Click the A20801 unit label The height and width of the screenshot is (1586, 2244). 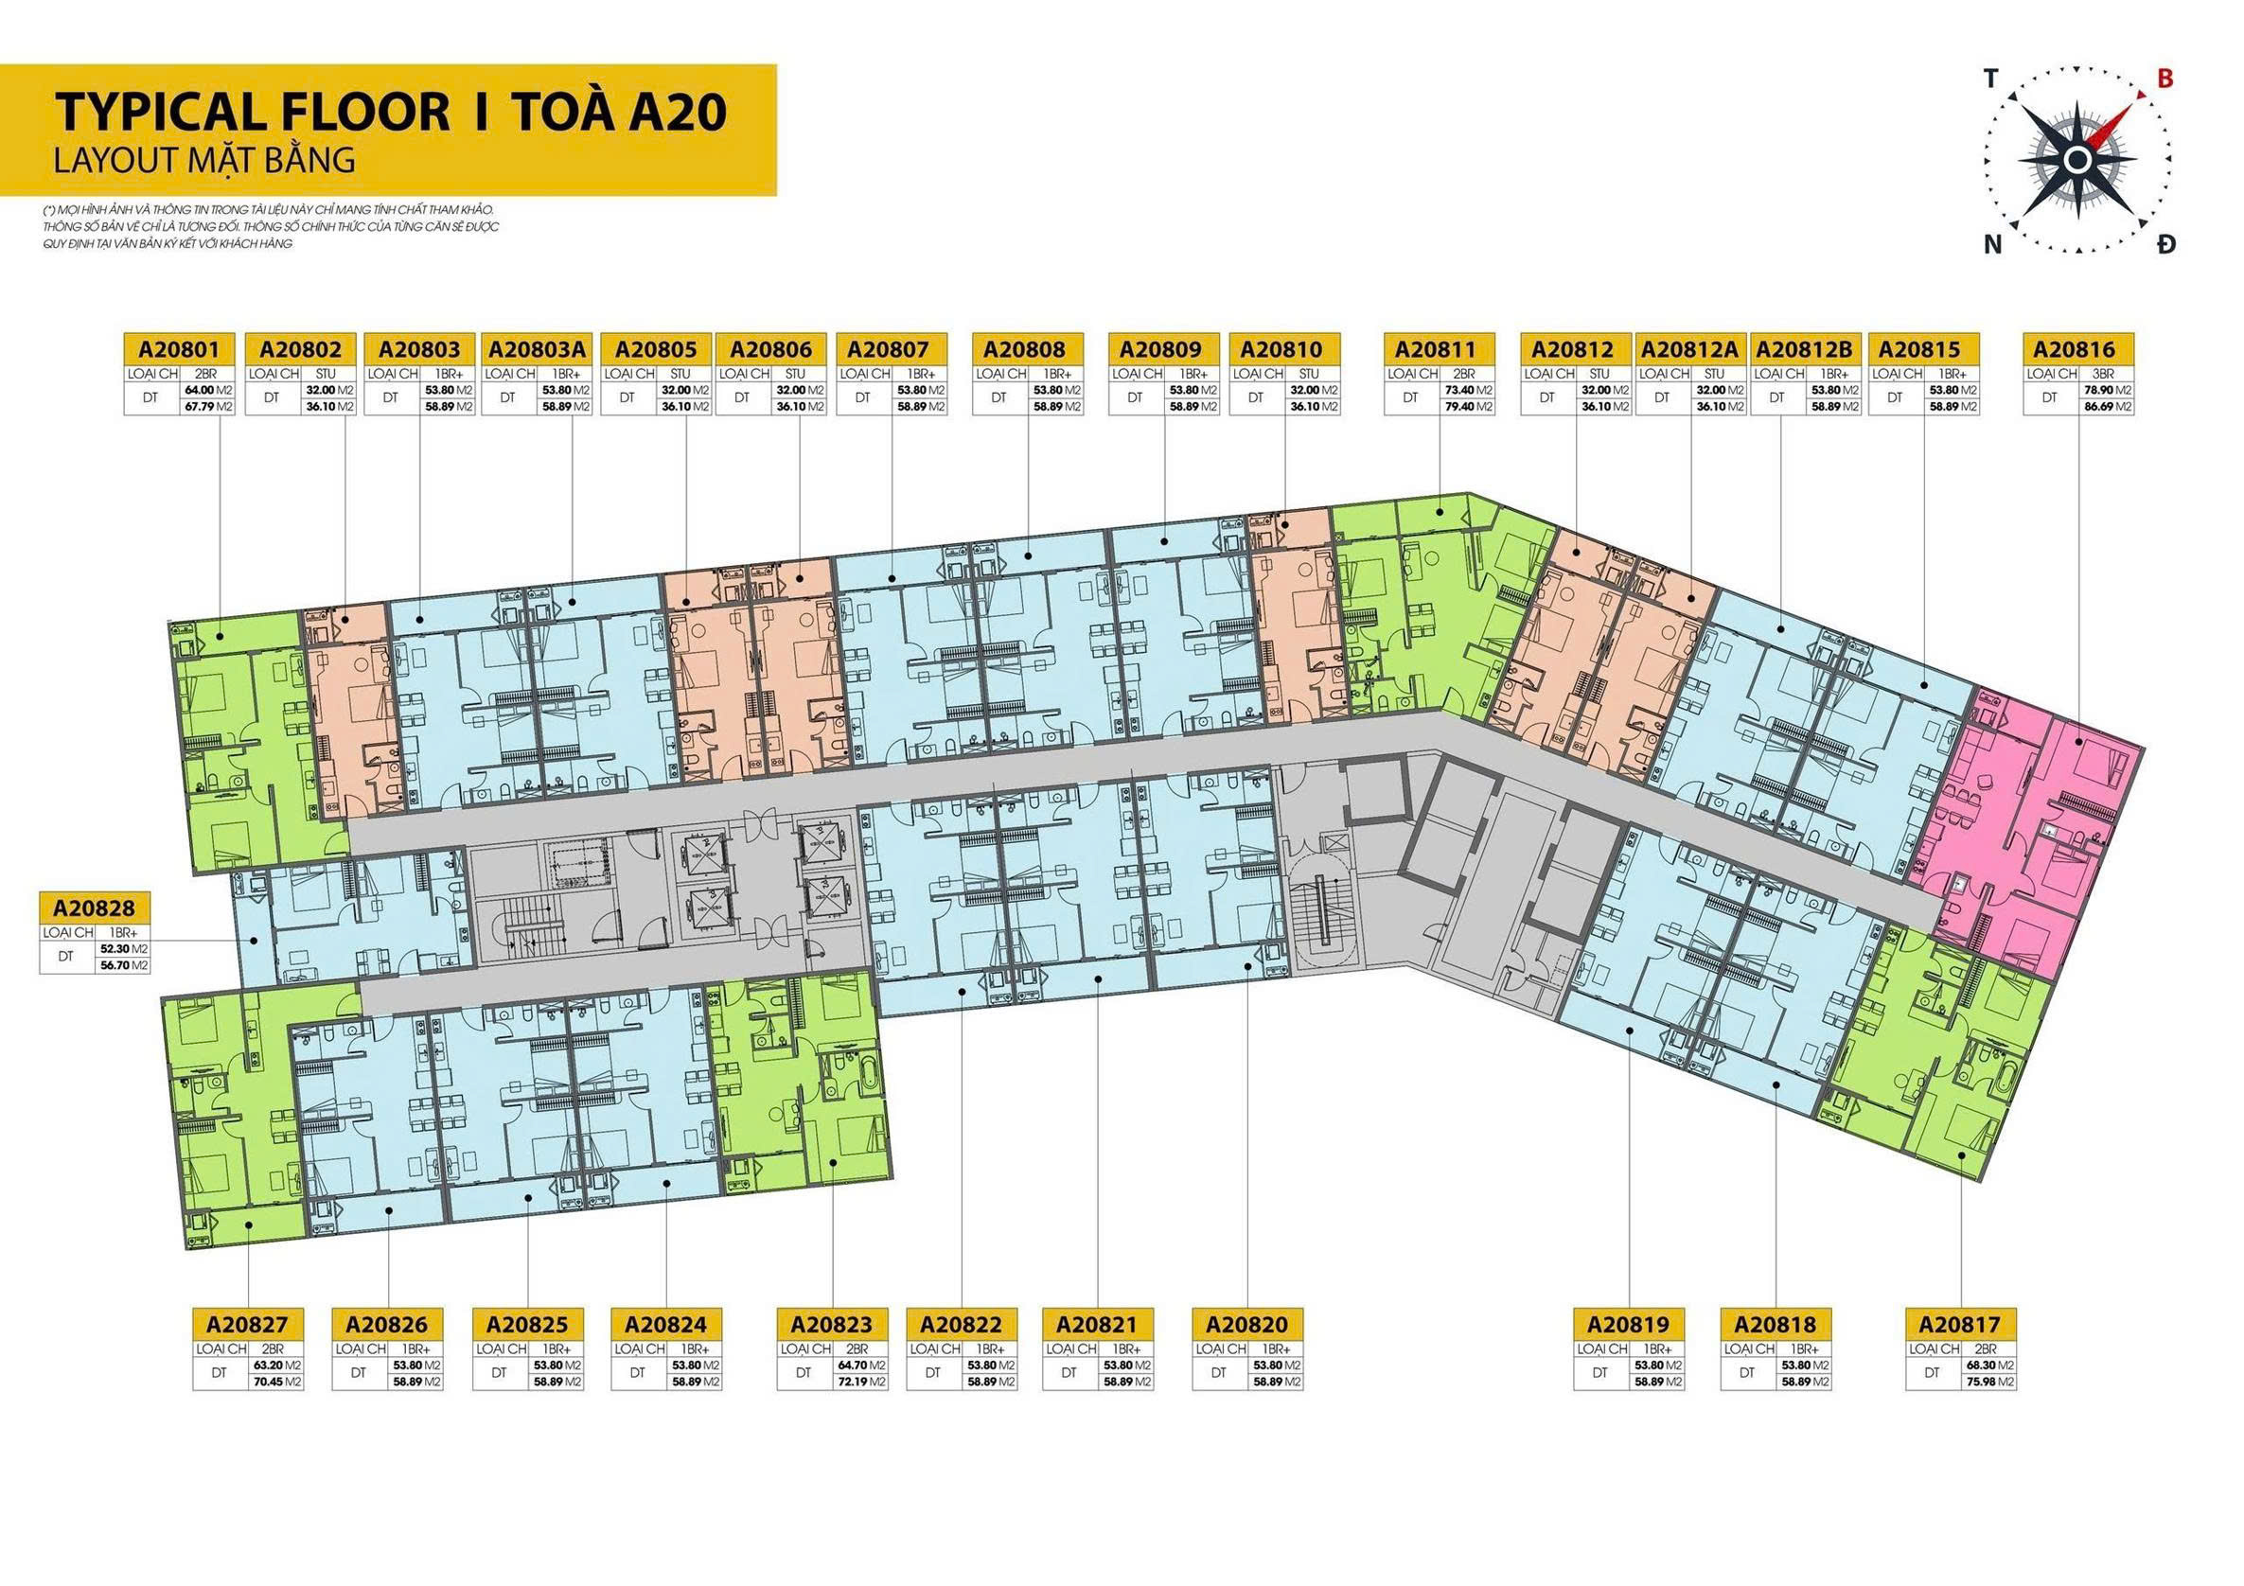(x=180, y=350)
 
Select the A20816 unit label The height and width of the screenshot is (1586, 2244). (x=2078, y=350)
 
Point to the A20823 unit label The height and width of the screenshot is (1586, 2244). (x=832, y=1324)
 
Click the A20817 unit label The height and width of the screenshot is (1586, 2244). (x=1959, y=1324)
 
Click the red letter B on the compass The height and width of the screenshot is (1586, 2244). (x=2164, y=80)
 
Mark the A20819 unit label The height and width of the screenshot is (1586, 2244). (x=1628, y=1324)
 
